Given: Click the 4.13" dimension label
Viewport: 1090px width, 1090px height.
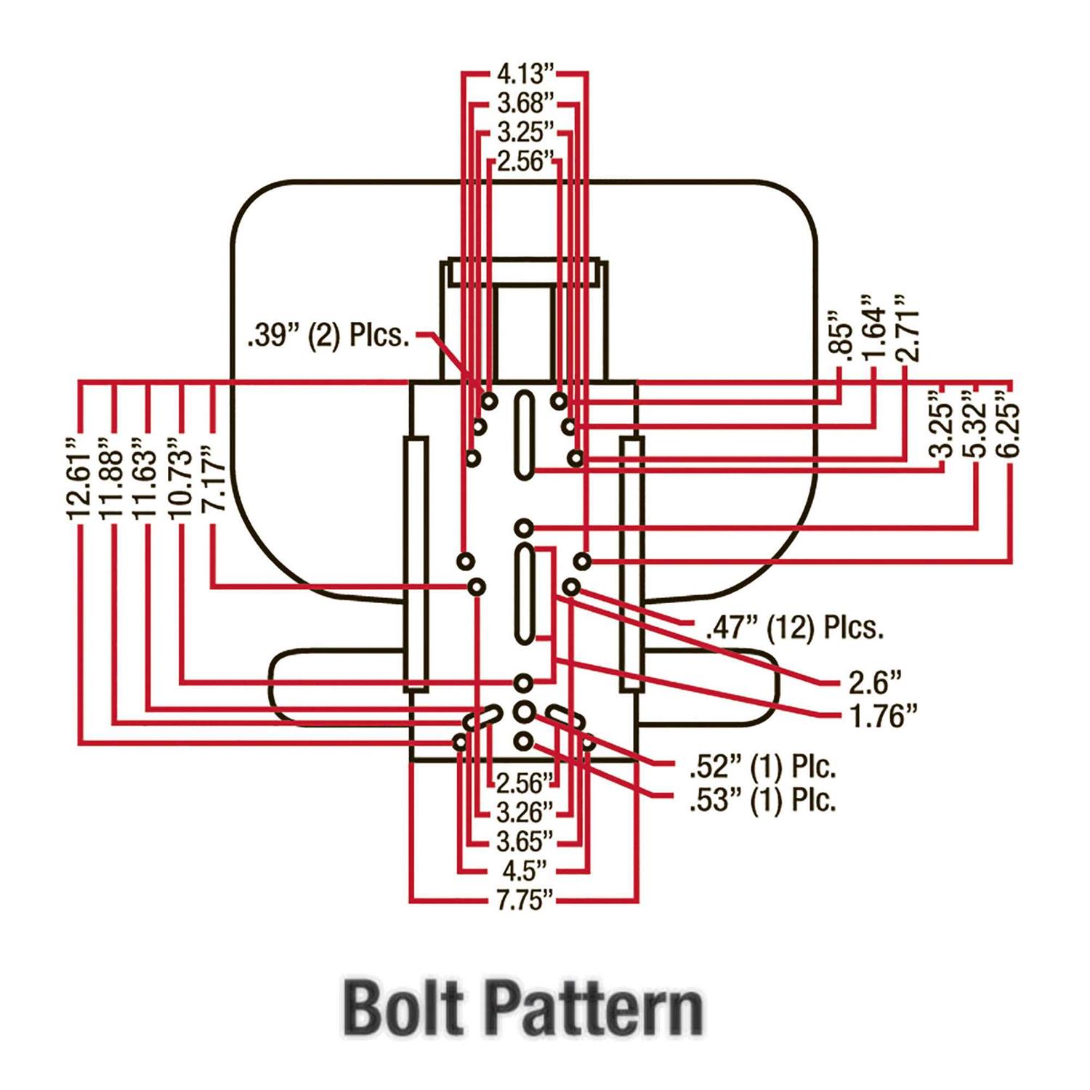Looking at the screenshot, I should [x=525, y=73].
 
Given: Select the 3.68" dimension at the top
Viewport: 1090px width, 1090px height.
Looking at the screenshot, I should [x=525, y=103].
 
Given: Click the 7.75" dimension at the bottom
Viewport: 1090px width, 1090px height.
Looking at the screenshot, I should [x=525, y=900].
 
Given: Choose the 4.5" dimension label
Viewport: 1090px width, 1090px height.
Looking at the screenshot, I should [x=525, y=871].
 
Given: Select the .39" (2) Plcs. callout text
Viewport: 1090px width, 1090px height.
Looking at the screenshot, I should [x=328, y=336].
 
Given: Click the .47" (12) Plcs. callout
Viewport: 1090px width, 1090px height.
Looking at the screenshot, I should [x=794, y=626].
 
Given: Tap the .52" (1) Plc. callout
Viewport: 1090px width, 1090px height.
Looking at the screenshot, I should [x=762, y=766].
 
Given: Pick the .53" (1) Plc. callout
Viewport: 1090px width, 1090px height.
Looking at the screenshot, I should [x=762, y=799].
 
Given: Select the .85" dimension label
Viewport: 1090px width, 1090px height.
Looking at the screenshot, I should [x=841, y=334].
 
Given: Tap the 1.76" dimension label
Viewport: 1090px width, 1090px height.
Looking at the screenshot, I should [x=883, y=716].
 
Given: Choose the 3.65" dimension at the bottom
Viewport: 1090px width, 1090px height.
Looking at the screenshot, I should [x=525, y=841].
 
